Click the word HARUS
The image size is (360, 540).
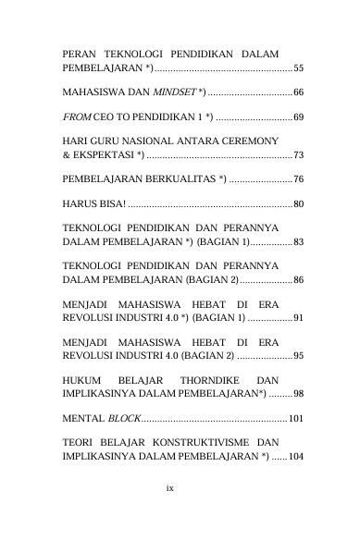(x=79, y=202)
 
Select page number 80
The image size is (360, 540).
(x=297, y=202)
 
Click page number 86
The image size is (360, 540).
(x=297, y=279)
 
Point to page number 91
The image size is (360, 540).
(x=297, y=318)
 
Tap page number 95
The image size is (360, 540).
(x=297, y=356)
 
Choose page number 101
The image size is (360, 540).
(x=295, y=419)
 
